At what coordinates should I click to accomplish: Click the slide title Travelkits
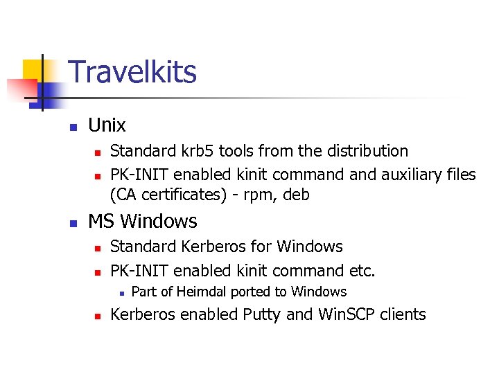(132, 73)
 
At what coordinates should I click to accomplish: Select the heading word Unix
(107, 125)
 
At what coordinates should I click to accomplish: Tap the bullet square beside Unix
(72, 127)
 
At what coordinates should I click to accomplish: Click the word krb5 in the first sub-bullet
(201, 151)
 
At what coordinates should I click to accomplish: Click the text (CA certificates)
(168, 195)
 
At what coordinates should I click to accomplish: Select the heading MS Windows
(142, 222)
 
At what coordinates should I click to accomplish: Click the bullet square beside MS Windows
(72, 223)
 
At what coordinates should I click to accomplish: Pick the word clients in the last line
(403, 314)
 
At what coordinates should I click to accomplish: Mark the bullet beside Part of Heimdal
(119, 293)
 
